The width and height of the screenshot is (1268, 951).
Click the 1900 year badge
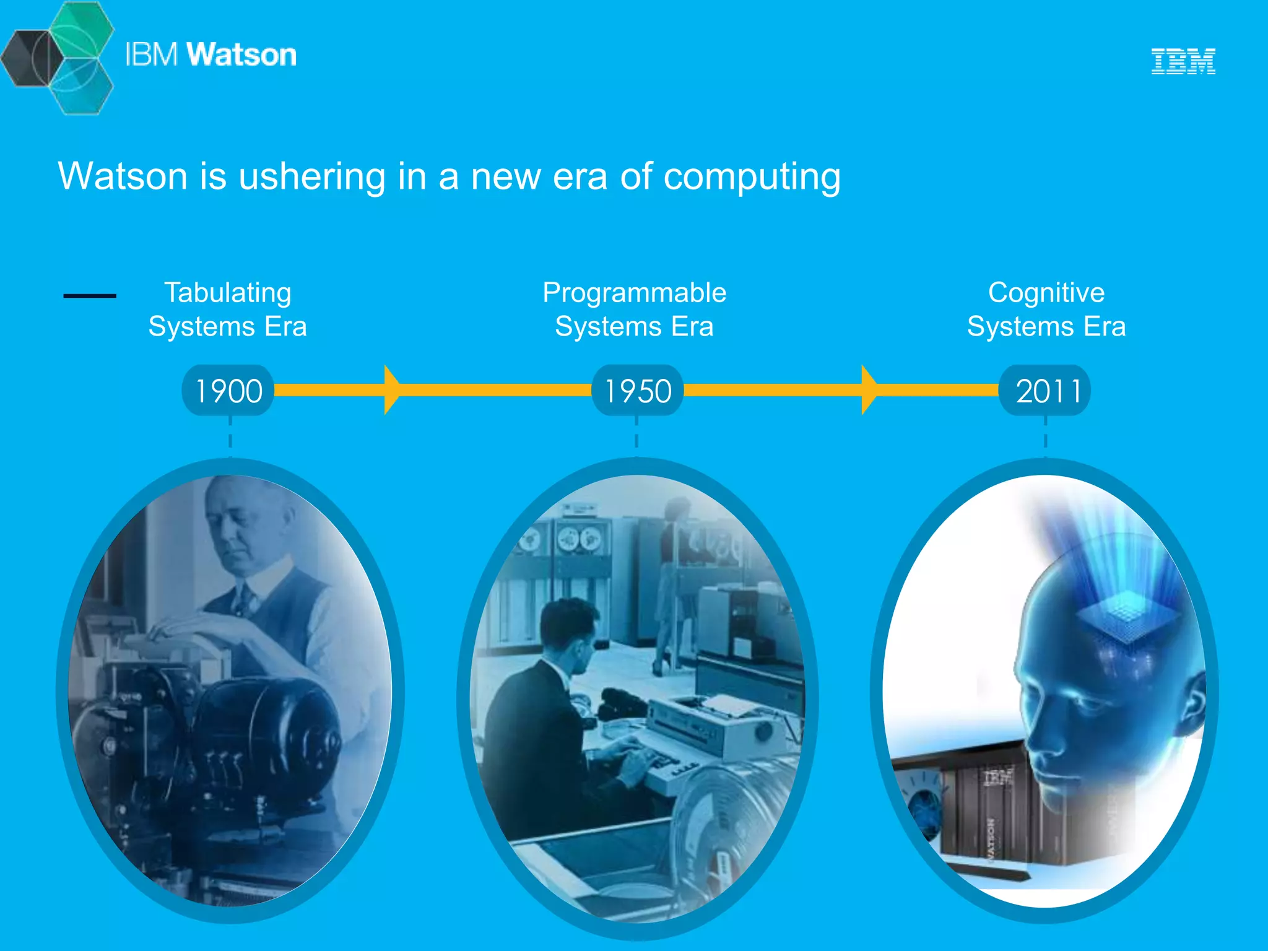coord(228,391)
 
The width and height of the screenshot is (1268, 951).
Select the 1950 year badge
coord(637,391)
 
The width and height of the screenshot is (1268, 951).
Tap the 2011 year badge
coord(1045,391)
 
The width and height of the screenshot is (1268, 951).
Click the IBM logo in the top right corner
coord(1183,61)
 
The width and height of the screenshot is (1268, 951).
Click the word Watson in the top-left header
coord(241,54)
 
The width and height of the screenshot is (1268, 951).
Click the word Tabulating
coord(227,292)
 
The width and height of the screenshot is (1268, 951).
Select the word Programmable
coord(634,292)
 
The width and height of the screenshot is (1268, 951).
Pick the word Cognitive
coord(1046,292)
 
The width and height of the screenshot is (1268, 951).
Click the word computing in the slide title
coord(752,176)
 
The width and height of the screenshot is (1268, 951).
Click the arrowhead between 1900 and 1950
coord(392,389)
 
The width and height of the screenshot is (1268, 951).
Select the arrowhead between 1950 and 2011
coord(869,389)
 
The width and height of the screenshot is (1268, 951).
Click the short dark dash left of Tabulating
coord(90,296)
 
